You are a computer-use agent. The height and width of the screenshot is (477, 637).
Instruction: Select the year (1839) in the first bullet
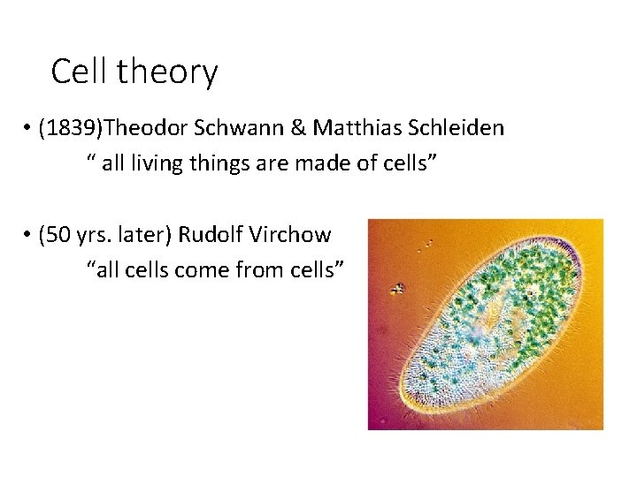[72, 129]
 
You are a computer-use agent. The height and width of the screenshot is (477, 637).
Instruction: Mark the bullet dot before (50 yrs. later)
[29, 236]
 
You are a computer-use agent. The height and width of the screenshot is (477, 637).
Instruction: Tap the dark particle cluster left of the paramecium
[398, 288]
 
